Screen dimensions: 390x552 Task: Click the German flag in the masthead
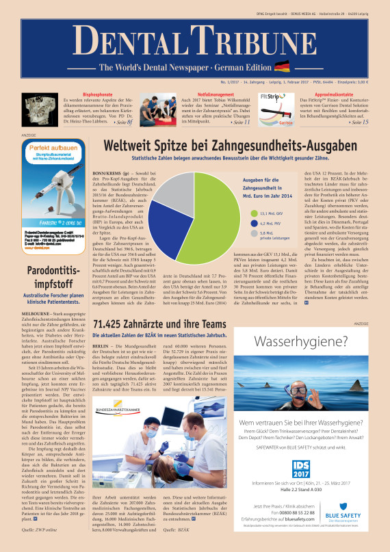click(281, 66)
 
